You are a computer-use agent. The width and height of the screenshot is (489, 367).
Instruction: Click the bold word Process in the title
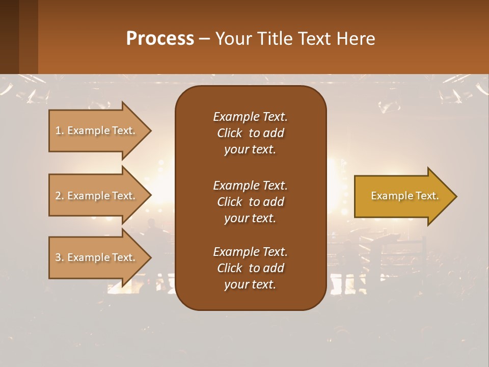(160, 39)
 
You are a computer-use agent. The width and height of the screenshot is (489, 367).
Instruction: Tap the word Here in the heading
(356, 39)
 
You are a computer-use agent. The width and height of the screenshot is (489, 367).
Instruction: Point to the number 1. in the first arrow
(60, 131)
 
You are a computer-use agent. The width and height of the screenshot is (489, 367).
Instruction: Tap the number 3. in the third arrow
(60, 258)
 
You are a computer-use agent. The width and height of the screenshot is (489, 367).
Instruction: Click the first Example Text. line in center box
(250, 117)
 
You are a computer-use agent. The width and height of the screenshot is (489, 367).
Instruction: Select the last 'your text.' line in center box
(250, 285)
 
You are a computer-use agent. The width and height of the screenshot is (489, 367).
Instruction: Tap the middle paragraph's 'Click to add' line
(250, 202)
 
